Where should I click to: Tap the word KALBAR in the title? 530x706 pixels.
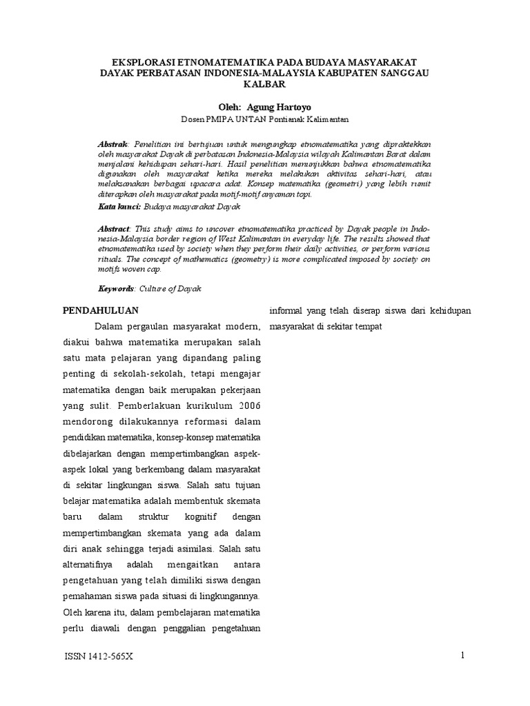[x=264, y=84]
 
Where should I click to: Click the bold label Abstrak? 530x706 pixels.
[x=112, y=143]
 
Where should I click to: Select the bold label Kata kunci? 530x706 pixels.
[x=119, y=206]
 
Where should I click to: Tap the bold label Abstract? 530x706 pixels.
[x=114, y=228]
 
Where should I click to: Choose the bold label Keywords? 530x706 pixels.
[x=115, y=289]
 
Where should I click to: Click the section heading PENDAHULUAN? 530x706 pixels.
[x=101, y=311]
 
